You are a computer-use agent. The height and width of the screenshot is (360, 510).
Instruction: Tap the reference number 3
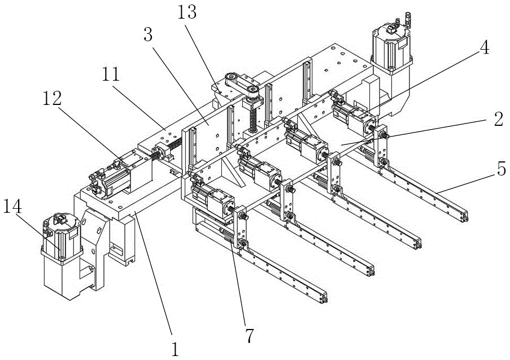[149, 34]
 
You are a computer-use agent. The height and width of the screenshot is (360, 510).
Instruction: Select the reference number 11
[111, 74]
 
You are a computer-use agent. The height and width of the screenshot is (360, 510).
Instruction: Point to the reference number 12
[52, 98]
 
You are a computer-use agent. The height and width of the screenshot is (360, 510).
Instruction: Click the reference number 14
[12, 206]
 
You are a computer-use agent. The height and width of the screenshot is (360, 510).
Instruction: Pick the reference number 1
[175, 349]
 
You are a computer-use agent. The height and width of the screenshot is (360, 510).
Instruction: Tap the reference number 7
[249, 336]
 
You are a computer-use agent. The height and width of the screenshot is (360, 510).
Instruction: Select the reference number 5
[502, 169]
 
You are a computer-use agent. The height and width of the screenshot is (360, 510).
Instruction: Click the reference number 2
[498, 119]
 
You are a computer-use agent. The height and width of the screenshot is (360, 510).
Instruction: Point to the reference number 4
[484, 48]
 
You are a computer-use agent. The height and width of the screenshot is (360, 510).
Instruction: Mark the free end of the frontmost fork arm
[323, 298]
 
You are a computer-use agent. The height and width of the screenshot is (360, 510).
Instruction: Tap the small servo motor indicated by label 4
[353, 114]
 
